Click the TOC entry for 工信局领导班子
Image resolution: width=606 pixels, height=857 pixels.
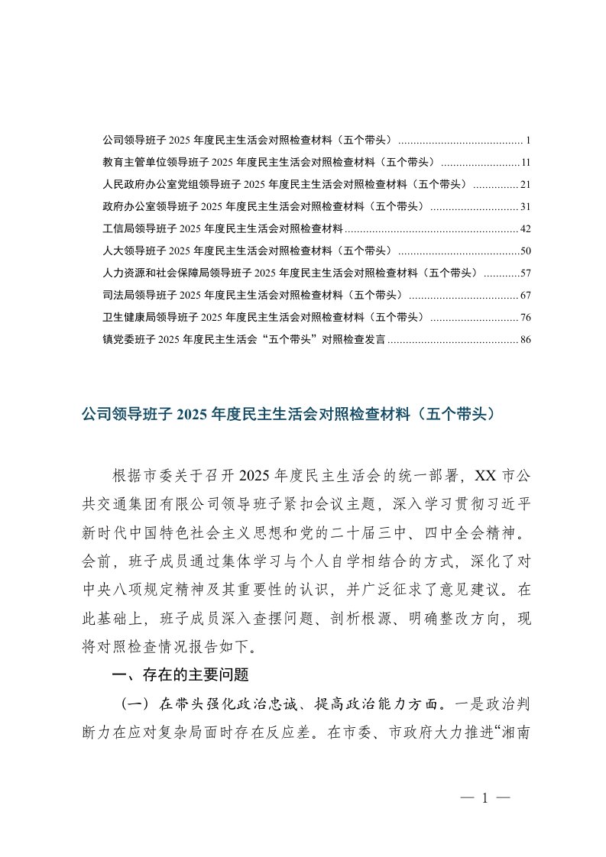[x=222, y=228]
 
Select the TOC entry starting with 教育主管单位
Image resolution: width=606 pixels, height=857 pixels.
[x=267, y=163]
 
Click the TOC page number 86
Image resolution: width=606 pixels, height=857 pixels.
[x=525, y=340]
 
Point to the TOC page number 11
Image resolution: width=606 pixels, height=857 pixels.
[x=525, y=163]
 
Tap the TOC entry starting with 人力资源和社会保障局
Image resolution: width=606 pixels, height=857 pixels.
[x=290, y=273]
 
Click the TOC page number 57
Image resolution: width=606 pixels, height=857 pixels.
[x=525, y=273]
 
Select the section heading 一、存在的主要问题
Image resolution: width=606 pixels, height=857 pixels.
[x=180, y=674]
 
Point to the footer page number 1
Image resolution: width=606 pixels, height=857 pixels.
[x=484, y=799]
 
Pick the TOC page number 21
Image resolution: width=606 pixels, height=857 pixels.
[x=525, y=185]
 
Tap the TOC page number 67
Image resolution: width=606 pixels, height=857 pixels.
[x=525, y=296]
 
